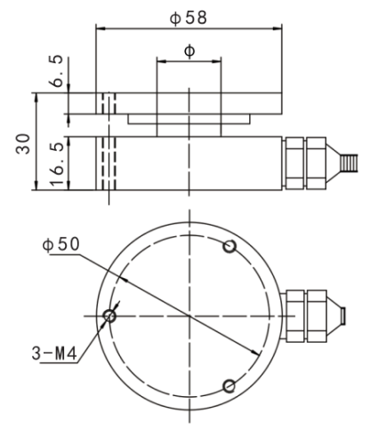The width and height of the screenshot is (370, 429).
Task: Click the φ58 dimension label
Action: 188,18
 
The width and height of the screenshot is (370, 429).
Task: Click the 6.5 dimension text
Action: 56,71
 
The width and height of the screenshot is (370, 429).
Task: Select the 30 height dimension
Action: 23,144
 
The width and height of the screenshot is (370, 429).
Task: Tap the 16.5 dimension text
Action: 56,164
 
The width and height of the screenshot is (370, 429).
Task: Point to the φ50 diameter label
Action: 61,244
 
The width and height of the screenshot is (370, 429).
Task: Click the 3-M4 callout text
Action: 54,354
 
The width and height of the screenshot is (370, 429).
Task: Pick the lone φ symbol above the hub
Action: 189,51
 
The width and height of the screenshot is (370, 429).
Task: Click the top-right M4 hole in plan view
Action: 229,247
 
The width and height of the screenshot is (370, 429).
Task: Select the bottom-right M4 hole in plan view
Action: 229,386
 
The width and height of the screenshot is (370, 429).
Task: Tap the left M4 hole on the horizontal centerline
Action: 109,316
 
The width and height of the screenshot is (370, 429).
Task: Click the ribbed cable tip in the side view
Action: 350,163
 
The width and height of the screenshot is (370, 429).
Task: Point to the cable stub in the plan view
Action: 342,316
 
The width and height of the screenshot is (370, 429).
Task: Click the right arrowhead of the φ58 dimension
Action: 277,28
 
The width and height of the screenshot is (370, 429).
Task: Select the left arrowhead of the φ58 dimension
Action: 101,28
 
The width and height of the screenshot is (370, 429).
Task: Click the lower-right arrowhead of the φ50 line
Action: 255,353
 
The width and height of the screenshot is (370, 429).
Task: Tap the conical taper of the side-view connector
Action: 334,163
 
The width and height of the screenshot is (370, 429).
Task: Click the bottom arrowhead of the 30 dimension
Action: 36,185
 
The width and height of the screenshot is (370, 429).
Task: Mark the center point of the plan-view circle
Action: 189,316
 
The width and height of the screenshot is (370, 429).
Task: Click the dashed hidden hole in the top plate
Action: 109,103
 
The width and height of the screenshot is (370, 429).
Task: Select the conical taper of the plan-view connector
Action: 334,316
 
